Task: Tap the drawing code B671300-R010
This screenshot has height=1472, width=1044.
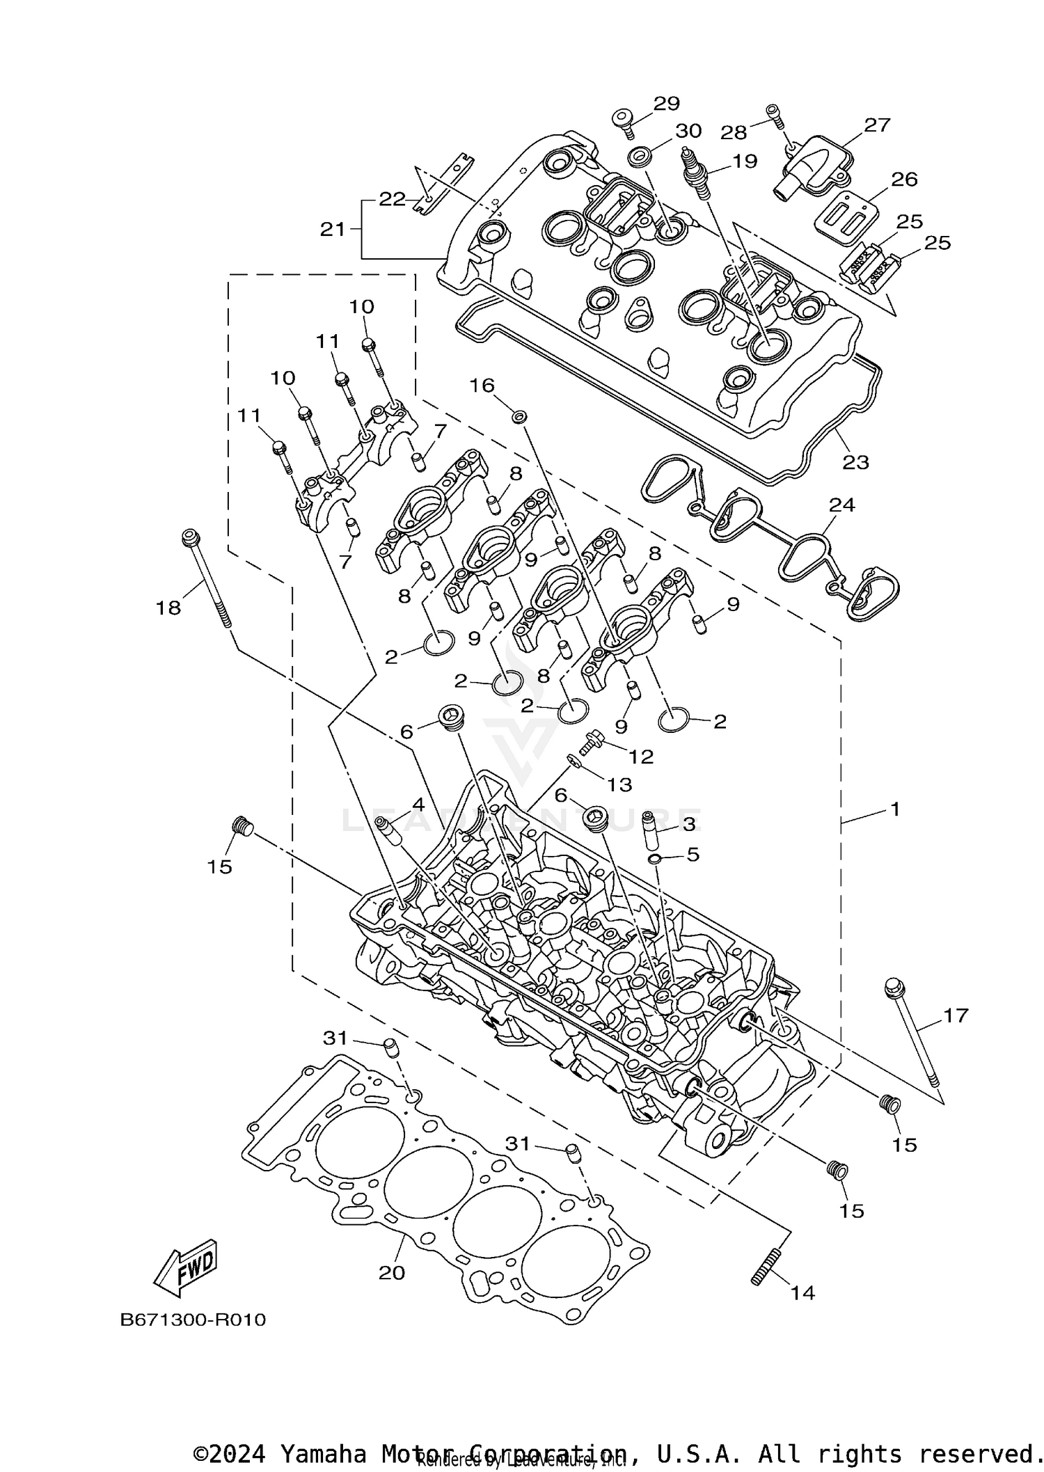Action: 193,1339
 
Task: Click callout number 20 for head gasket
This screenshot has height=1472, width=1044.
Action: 391,1272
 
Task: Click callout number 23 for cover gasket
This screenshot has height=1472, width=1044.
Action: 855,462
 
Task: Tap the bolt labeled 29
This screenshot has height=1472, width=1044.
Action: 624,123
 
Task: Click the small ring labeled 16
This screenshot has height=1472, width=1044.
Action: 519,416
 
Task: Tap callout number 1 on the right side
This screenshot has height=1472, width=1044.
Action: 895,809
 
